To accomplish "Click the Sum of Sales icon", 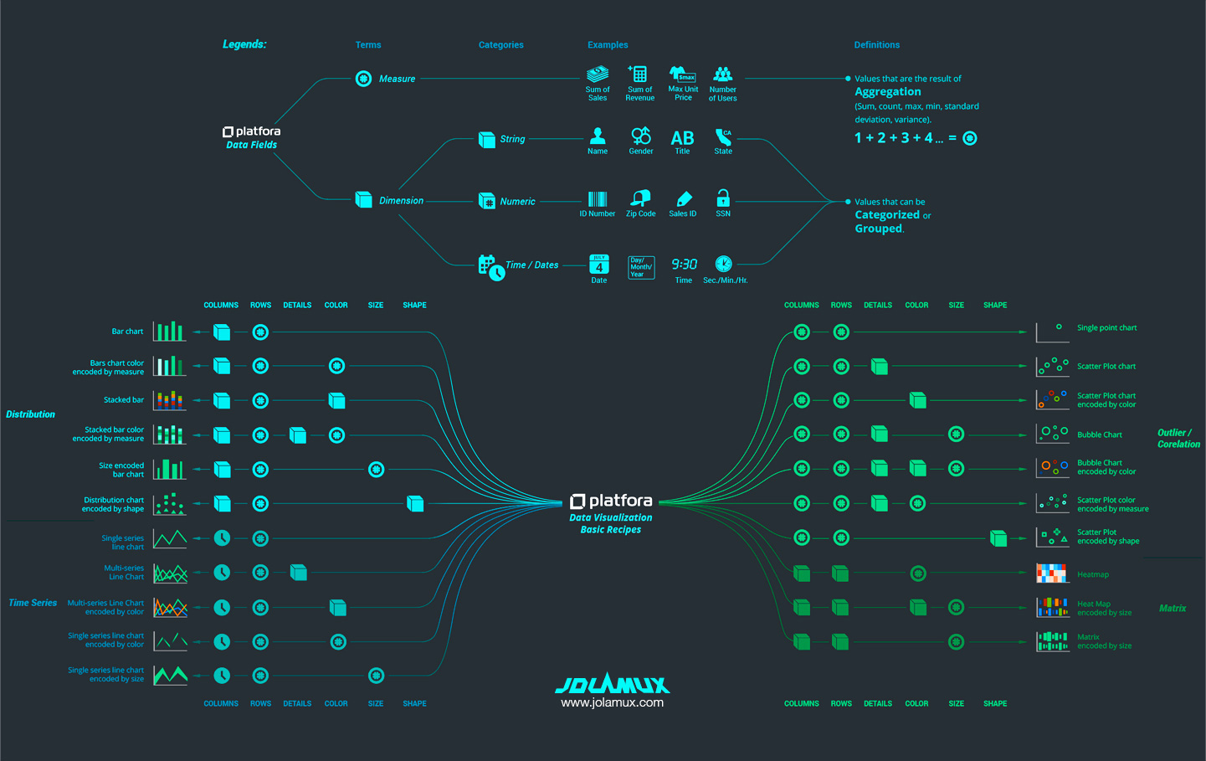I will tap(598, 75).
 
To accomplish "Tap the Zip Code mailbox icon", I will tap(641, 198).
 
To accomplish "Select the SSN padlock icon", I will tap(723, 198).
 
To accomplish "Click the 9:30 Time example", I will tap(684, 265).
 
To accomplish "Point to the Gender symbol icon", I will tap(641, 136).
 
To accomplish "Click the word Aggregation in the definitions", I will tap(887, 92).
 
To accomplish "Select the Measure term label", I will tap(397, 79).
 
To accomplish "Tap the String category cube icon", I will tap(486, 139).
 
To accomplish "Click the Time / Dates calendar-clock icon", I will tap(490, 267).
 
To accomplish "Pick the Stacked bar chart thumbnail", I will tap(169, 400).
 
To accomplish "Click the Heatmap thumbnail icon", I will tap(1052, 573).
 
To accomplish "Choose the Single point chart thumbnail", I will tap(1052, 332).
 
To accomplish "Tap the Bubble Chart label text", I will tap(1100, 435).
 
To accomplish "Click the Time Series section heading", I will tap(33, 603).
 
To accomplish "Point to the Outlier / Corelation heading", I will tap(1178, 439).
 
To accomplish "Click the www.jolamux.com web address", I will tap(612, 703).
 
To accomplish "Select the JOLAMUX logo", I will tap(612, 685).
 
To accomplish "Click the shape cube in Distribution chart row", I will tap(415, 503).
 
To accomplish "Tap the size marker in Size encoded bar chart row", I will tap(377, 470).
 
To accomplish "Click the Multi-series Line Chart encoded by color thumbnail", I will tap(170, 608).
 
